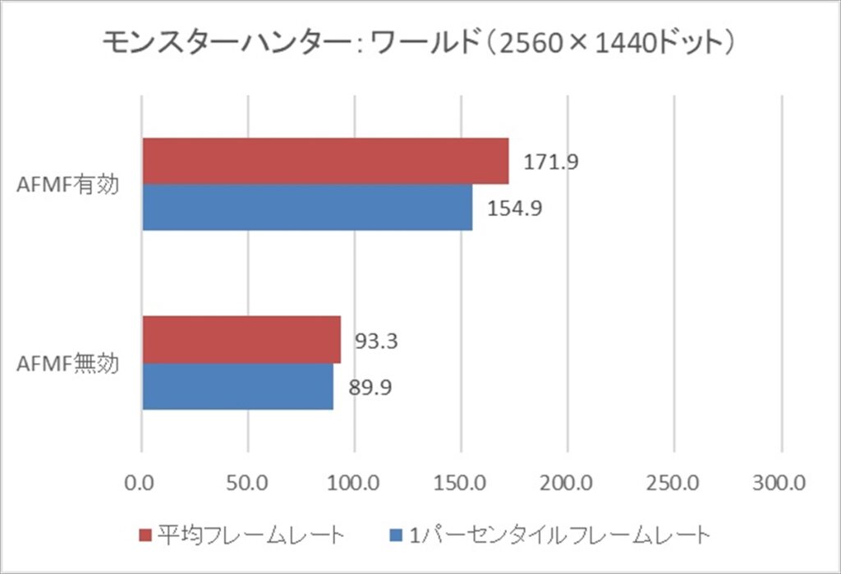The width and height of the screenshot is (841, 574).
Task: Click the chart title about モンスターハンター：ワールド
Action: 419,43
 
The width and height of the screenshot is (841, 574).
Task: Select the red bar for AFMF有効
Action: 325,161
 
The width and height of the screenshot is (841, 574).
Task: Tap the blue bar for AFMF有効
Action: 307,207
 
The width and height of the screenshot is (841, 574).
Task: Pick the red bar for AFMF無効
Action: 241,339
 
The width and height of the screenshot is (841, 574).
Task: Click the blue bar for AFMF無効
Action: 237,385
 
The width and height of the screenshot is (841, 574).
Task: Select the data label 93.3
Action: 376,340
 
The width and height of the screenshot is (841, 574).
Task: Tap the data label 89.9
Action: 370,386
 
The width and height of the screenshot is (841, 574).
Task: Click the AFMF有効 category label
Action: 68,185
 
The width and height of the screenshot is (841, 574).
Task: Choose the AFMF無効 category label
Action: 68,362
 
